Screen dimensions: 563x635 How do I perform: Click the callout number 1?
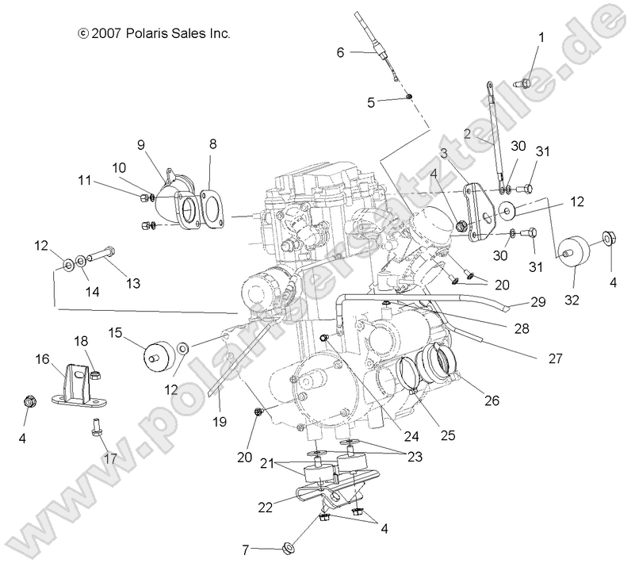tap(541, 37)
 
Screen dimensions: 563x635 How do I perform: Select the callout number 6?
tap(340, 53)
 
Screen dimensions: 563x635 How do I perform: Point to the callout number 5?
tap(371, 101)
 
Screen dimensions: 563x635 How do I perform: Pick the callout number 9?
tap(141, 144)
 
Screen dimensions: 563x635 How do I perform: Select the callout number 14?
tap(93, 291)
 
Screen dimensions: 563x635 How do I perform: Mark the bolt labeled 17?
tap(95, 429)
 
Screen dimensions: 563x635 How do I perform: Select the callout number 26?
tap(492, 401)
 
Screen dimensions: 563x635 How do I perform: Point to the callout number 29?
tap(538, 302)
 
